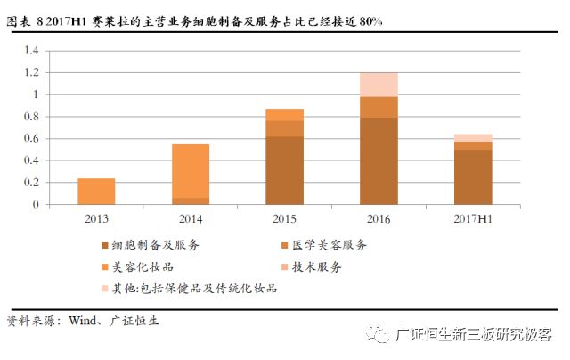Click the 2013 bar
pos(95,192)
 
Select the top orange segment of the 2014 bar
pos(191,171)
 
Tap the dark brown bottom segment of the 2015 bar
pos(285,170)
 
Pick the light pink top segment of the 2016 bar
pos(379,85)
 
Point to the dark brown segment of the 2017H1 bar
pos(473,177)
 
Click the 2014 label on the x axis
pos(191,219)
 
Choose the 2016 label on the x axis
pos(379,219)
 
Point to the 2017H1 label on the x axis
pos(473,219)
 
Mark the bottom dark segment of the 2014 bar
pos(191,201)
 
